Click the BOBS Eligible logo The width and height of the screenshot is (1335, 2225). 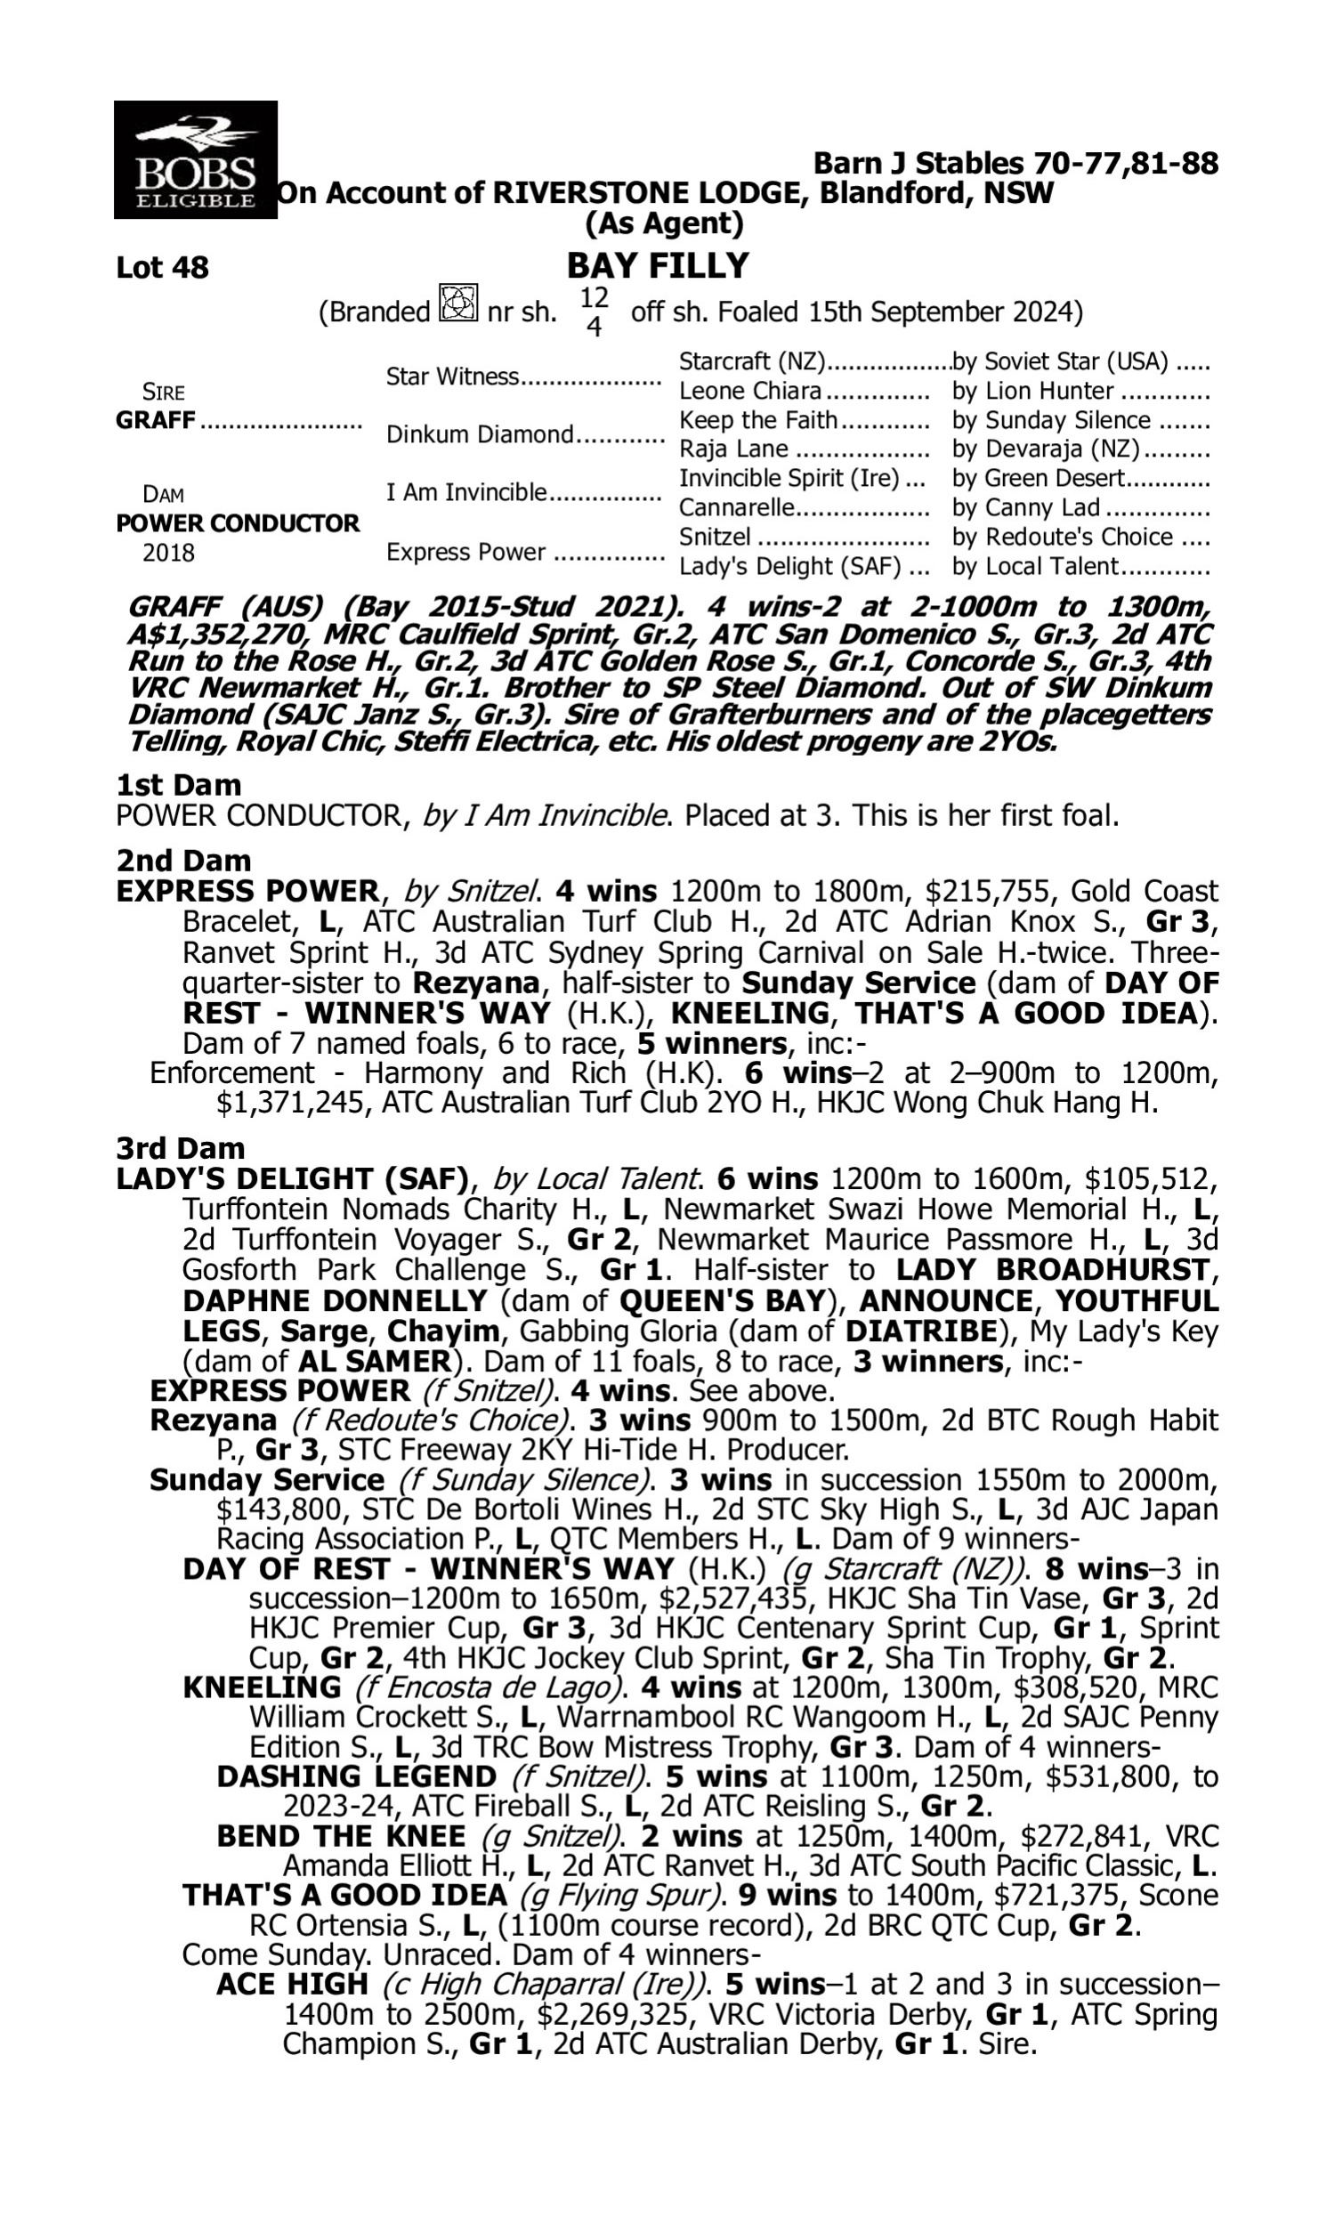(195, 159)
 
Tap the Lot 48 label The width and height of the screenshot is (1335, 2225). (162, 268)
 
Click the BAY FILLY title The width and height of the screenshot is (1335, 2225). (658, 265)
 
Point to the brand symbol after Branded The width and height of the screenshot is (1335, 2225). (457, 304)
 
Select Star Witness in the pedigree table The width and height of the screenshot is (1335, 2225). (452, 376)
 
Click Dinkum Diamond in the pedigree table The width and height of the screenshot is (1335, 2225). (480, 434)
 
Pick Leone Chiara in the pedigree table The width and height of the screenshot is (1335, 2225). (749, 391)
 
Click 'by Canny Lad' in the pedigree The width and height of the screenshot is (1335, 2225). (1026, 508)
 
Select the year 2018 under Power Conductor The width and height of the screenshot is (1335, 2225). (168, 552)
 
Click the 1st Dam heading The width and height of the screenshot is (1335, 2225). (178, 785)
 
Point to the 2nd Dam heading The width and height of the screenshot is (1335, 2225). (182, 861)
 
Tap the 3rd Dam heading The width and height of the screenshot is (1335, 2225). (180, 1148)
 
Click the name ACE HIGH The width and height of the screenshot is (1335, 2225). (291, 1984)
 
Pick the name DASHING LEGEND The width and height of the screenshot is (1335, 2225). (356, 1777)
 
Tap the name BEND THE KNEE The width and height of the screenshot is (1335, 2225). (341, 1836)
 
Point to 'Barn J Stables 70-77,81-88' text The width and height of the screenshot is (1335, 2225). (1015, 163)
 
